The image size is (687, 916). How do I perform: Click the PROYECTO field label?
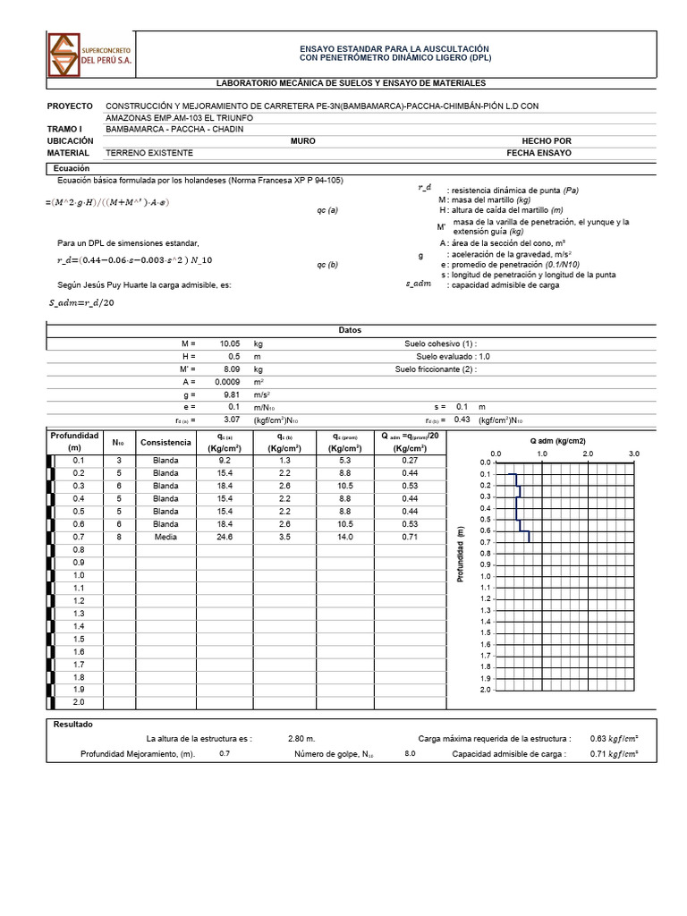pos(71,106)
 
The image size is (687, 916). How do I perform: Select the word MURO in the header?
pos(302,141)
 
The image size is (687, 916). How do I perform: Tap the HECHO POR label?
pos(546,141)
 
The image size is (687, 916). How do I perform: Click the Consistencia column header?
pos(165,443)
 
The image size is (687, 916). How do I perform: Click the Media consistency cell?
pos(165,537)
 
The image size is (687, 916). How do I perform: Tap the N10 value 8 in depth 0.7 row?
pos(119,537)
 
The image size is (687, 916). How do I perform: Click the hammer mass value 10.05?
pos(230,343)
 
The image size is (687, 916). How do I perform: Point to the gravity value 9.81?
pos(230,394)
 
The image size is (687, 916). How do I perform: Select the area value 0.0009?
pos(227,381)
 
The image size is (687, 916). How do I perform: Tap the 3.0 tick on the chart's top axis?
pos(633,454)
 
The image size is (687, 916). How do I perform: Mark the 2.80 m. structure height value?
pos(301,739)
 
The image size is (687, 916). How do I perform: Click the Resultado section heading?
pos(73,724)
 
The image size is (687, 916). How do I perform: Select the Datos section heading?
pos(350,330)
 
